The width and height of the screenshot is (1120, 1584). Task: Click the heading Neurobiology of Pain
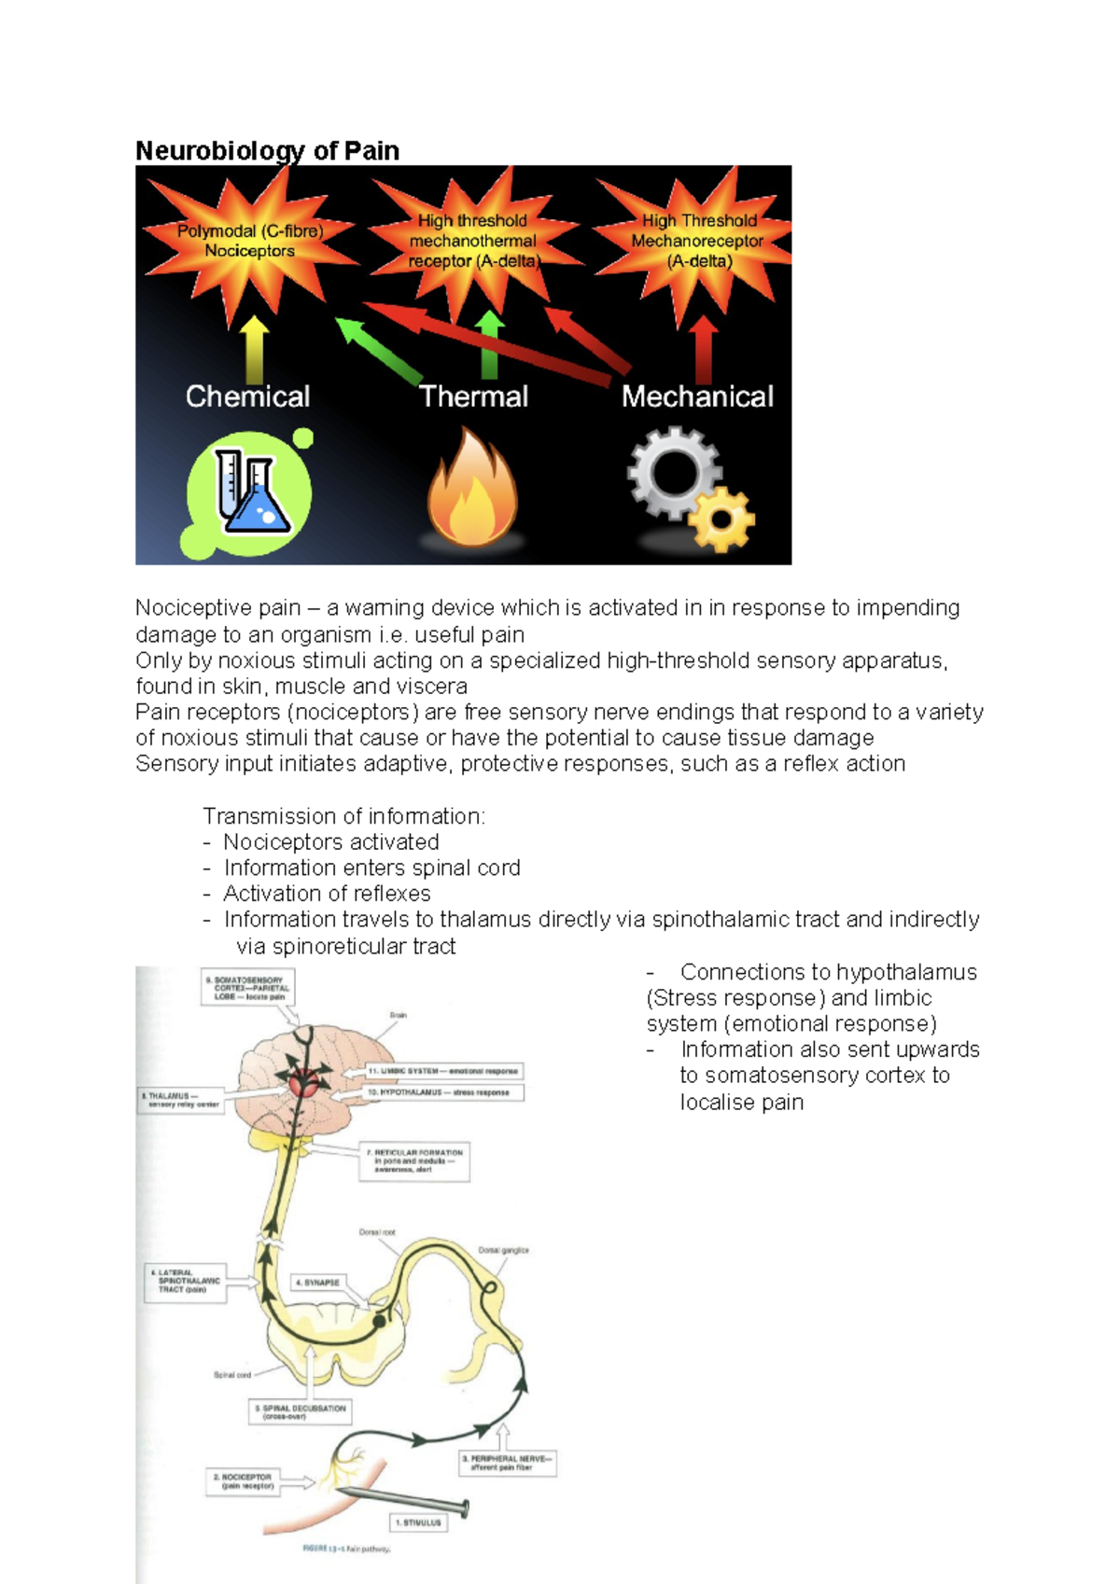tap(267, 150)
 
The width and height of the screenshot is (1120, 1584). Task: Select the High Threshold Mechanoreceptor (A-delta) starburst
tap(698, 241)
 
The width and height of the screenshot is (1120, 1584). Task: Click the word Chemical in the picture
tap(247, 396)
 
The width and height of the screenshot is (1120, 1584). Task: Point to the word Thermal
tap(473, 396)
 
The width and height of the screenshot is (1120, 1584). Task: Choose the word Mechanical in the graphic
tap(697, 396)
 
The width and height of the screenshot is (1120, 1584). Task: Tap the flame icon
tap(472, 490)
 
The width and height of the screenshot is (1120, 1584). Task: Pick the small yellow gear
tap(722, 519)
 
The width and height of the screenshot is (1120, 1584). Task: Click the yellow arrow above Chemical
tap(254, 349)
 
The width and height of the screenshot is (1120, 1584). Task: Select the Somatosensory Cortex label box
tap(247, 988)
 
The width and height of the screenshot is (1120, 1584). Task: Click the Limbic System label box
tap(442, 1071)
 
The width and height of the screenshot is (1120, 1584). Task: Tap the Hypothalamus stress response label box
tap(442, 1092)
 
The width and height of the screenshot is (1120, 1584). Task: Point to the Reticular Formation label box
tap(414, 1161)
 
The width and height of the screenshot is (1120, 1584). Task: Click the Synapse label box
tap(317, 1283)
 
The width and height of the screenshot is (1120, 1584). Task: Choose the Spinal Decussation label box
tap(300, 1411)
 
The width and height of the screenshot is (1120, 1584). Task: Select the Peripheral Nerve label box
tap(507, 1462)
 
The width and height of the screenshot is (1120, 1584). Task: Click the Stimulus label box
tap(418, 1522)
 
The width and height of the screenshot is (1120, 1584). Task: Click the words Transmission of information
tap(343, 816)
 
